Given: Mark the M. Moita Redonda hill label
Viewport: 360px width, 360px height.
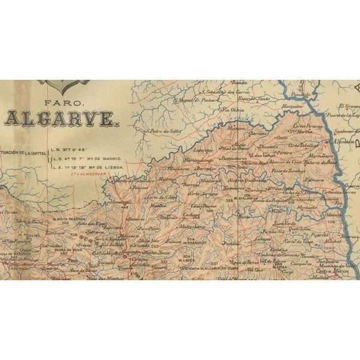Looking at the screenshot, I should pyautogui.click(x=67, y=218).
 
